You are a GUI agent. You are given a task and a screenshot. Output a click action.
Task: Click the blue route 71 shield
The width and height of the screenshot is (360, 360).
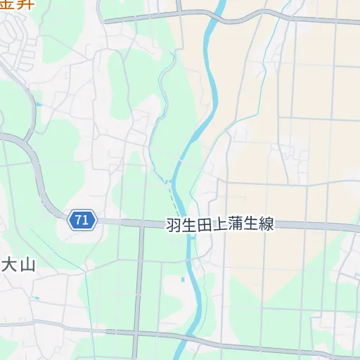(x=82, y=220)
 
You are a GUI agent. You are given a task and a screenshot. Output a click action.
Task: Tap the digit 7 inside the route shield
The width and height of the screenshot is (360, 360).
(x=79, y=220)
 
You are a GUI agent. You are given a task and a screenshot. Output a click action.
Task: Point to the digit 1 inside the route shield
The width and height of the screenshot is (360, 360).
(x=86, y=220)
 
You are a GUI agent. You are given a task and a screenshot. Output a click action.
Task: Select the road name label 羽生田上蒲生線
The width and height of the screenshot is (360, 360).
(x=219, y=225)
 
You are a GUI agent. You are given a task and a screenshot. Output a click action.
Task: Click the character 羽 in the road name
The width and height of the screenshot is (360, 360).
(x=173, y=225)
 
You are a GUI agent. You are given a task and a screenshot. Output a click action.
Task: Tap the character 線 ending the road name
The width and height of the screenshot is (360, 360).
(x=266, y=225)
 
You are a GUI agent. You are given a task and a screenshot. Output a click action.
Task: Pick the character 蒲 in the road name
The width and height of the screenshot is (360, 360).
(x=235, y=225)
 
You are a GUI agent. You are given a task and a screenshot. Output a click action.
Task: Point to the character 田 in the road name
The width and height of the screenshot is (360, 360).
(x=204, y=225)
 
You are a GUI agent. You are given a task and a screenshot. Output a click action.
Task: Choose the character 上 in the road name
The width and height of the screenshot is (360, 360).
(x=219, y=225)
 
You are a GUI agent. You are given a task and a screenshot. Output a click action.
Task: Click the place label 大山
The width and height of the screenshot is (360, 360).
(x=18, y=266)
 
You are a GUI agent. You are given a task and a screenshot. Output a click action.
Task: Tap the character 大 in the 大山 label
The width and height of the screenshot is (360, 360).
(x=9, y=266)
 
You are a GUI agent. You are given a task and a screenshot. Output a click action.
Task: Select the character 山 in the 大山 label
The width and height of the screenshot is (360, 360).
(x=27, y=266)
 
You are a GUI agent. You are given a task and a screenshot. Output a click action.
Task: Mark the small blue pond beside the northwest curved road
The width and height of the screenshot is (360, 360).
(x=39, y=105)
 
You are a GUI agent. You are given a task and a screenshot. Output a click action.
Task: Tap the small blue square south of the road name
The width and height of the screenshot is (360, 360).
(x=183, y=280)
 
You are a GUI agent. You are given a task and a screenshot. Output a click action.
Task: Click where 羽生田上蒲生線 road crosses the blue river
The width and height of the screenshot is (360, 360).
(x=181, y=225)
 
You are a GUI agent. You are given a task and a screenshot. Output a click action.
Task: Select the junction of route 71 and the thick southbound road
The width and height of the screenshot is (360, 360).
(x=141, y=224)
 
